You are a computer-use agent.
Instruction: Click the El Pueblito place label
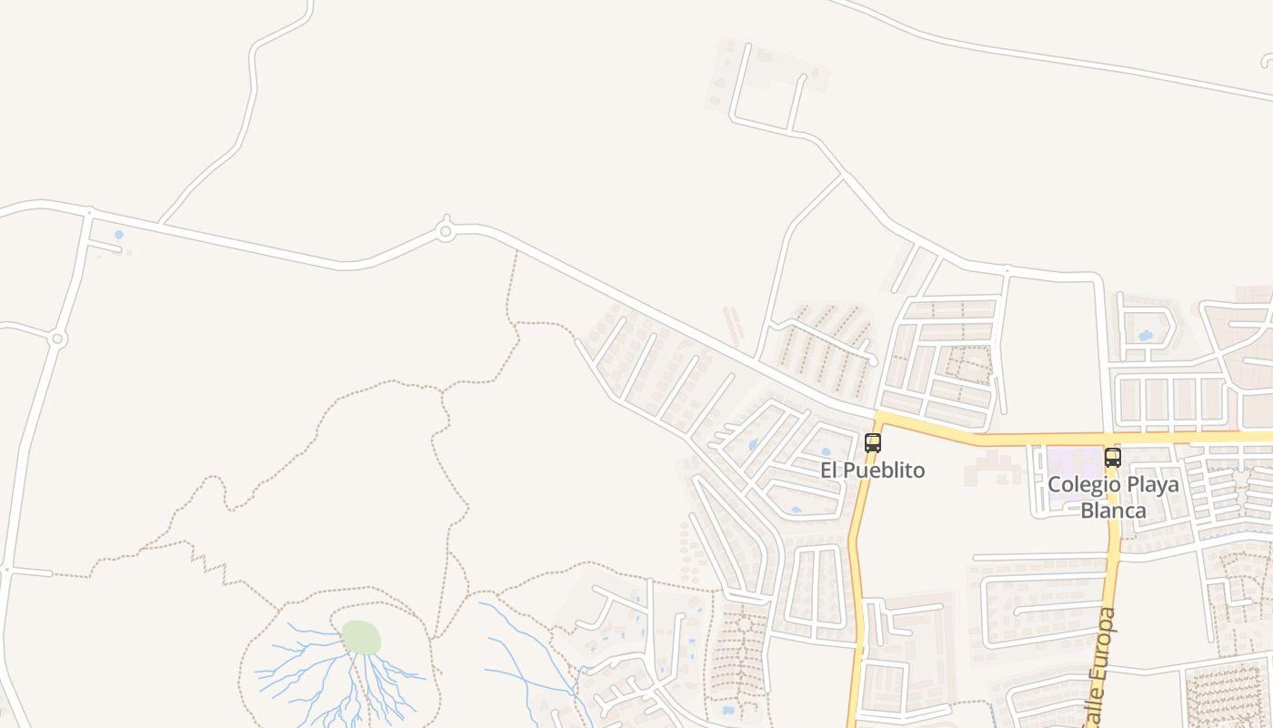872,470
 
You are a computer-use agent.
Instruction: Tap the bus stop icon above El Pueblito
873,443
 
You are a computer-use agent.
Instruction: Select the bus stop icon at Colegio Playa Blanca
1112,457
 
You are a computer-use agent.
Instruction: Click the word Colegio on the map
1080,484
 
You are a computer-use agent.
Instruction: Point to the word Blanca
1113,510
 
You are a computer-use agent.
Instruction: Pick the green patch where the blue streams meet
361,637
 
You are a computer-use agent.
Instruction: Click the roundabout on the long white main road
446,231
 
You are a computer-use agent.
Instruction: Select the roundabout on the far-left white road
57,339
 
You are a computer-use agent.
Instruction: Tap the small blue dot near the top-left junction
118,235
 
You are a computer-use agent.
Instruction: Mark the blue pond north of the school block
1145,336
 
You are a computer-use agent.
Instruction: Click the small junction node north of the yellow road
1006,270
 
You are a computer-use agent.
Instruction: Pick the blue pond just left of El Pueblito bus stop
826,451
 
